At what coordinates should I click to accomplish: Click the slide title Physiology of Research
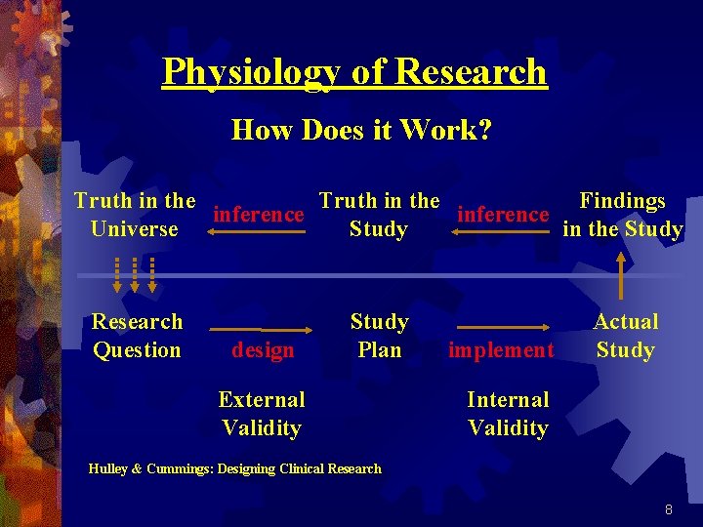click(354, 72)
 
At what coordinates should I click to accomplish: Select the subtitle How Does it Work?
click(361, 130)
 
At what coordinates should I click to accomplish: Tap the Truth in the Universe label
click(135, 215)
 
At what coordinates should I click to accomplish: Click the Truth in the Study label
click(379, 215)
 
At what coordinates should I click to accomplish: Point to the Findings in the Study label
click(623, 215)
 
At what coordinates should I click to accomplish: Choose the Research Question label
click(137, 336)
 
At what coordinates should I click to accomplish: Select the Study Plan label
click(379, 336)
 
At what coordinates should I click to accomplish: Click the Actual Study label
click(626, 336)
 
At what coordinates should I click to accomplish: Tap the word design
click(263, 349)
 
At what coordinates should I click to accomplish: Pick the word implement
click(501, 349)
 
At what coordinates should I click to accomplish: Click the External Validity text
click(262, 413)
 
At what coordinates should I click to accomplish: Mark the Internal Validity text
click(508, 413)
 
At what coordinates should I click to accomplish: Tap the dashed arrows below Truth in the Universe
click(137, 273)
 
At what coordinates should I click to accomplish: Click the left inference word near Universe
click(258, 214)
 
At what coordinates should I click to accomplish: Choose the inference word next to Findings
click(503, 214)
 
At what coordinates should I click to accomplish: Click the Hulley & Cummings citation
click(234, 468)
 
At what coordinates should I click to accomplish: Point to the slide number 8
click(668, 509)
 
